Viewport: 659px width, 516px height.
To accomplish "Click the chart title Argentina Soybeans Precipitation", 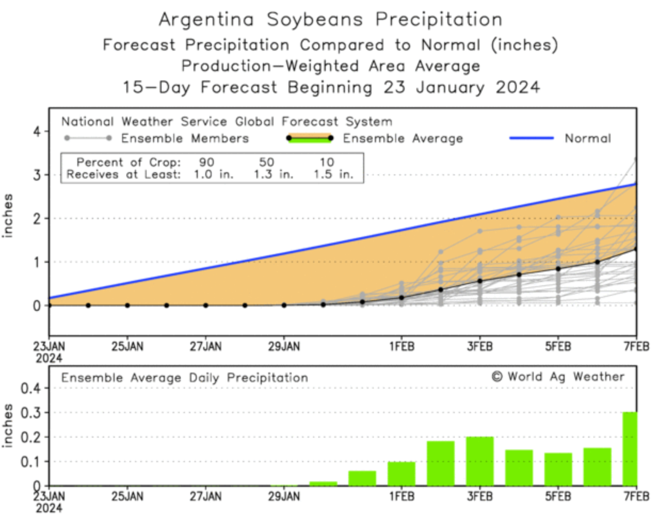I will tap(330, 20).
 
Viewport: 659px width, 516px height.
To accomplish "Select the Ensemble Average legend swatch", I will tap(309, 138).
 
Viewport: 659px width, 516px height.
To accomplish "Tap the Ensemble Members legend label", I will tap(184, 139).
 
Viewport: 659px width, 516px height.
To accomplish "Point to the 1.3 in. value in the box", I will tap(273, 174).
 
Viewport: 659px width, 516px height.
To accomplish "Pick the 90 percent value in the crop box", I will tap(206, 162).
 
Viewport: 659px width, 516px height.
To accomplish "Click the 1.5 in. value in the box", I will tap(333, 174).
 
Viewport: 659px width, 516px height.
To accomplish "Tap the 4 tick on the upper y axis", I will tap(37, 131).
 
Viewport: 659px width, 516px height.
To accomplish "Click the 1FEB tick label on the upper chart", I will tap(401, 346).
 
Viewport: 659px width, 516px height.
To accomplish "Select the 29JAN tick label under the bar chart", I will tap(284, 496).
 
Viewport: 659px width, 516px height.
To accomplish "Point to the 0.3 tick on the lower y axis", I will tap(30, 413).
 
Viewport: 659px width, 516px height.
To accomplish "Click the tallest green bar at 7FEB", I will tap(630, 449).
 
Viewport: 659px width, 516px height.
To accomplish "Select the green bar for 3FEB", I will tap(480, 461).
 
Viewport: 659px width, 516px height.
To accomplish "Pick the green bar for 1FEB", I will tap(401, 474).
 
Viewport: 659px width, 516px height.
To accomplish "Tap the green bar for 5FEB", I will tap(558, 469).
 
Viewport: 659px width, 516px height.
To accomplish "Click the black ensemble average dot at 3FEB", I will tap(480, 281).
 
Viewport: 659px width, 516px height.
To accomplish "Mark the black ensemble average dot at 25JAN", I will tap(127, 305).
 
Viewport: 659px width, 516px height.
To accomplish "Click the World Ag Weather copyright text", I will tap(558, 377).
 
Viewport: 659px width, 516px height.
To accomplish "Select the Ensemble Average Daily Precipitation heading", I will tap(184, 378).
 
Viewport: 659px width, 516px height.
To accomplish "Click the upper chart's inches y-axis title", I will tap(8, 215).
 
